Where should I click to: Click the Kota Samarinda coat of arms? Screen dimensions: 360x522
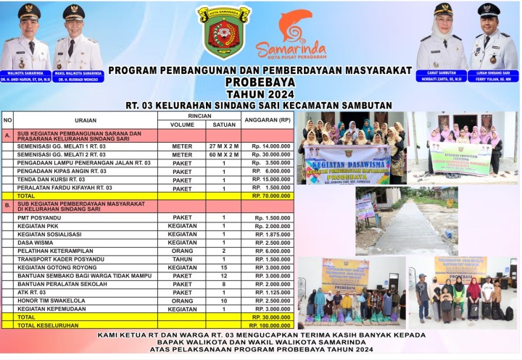(223, 33)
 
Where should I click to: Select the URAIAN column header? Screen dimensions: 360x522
(85, 120)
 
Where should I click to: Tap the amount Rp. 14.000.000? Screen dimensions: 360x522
(270, 146)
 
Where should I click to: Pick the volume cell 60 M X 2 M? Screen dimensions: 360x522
(223, 155)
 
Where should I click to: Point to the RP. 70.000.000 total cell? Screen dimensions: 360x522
(271, 196)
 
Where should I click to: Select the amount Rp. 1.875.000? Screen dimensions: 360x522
(271, 234)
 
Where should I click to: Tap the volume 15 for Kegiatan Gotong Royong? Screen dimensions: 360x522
(223, 267)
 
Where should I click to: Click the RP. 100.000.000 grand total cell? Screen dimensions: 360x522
(270, 325)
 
